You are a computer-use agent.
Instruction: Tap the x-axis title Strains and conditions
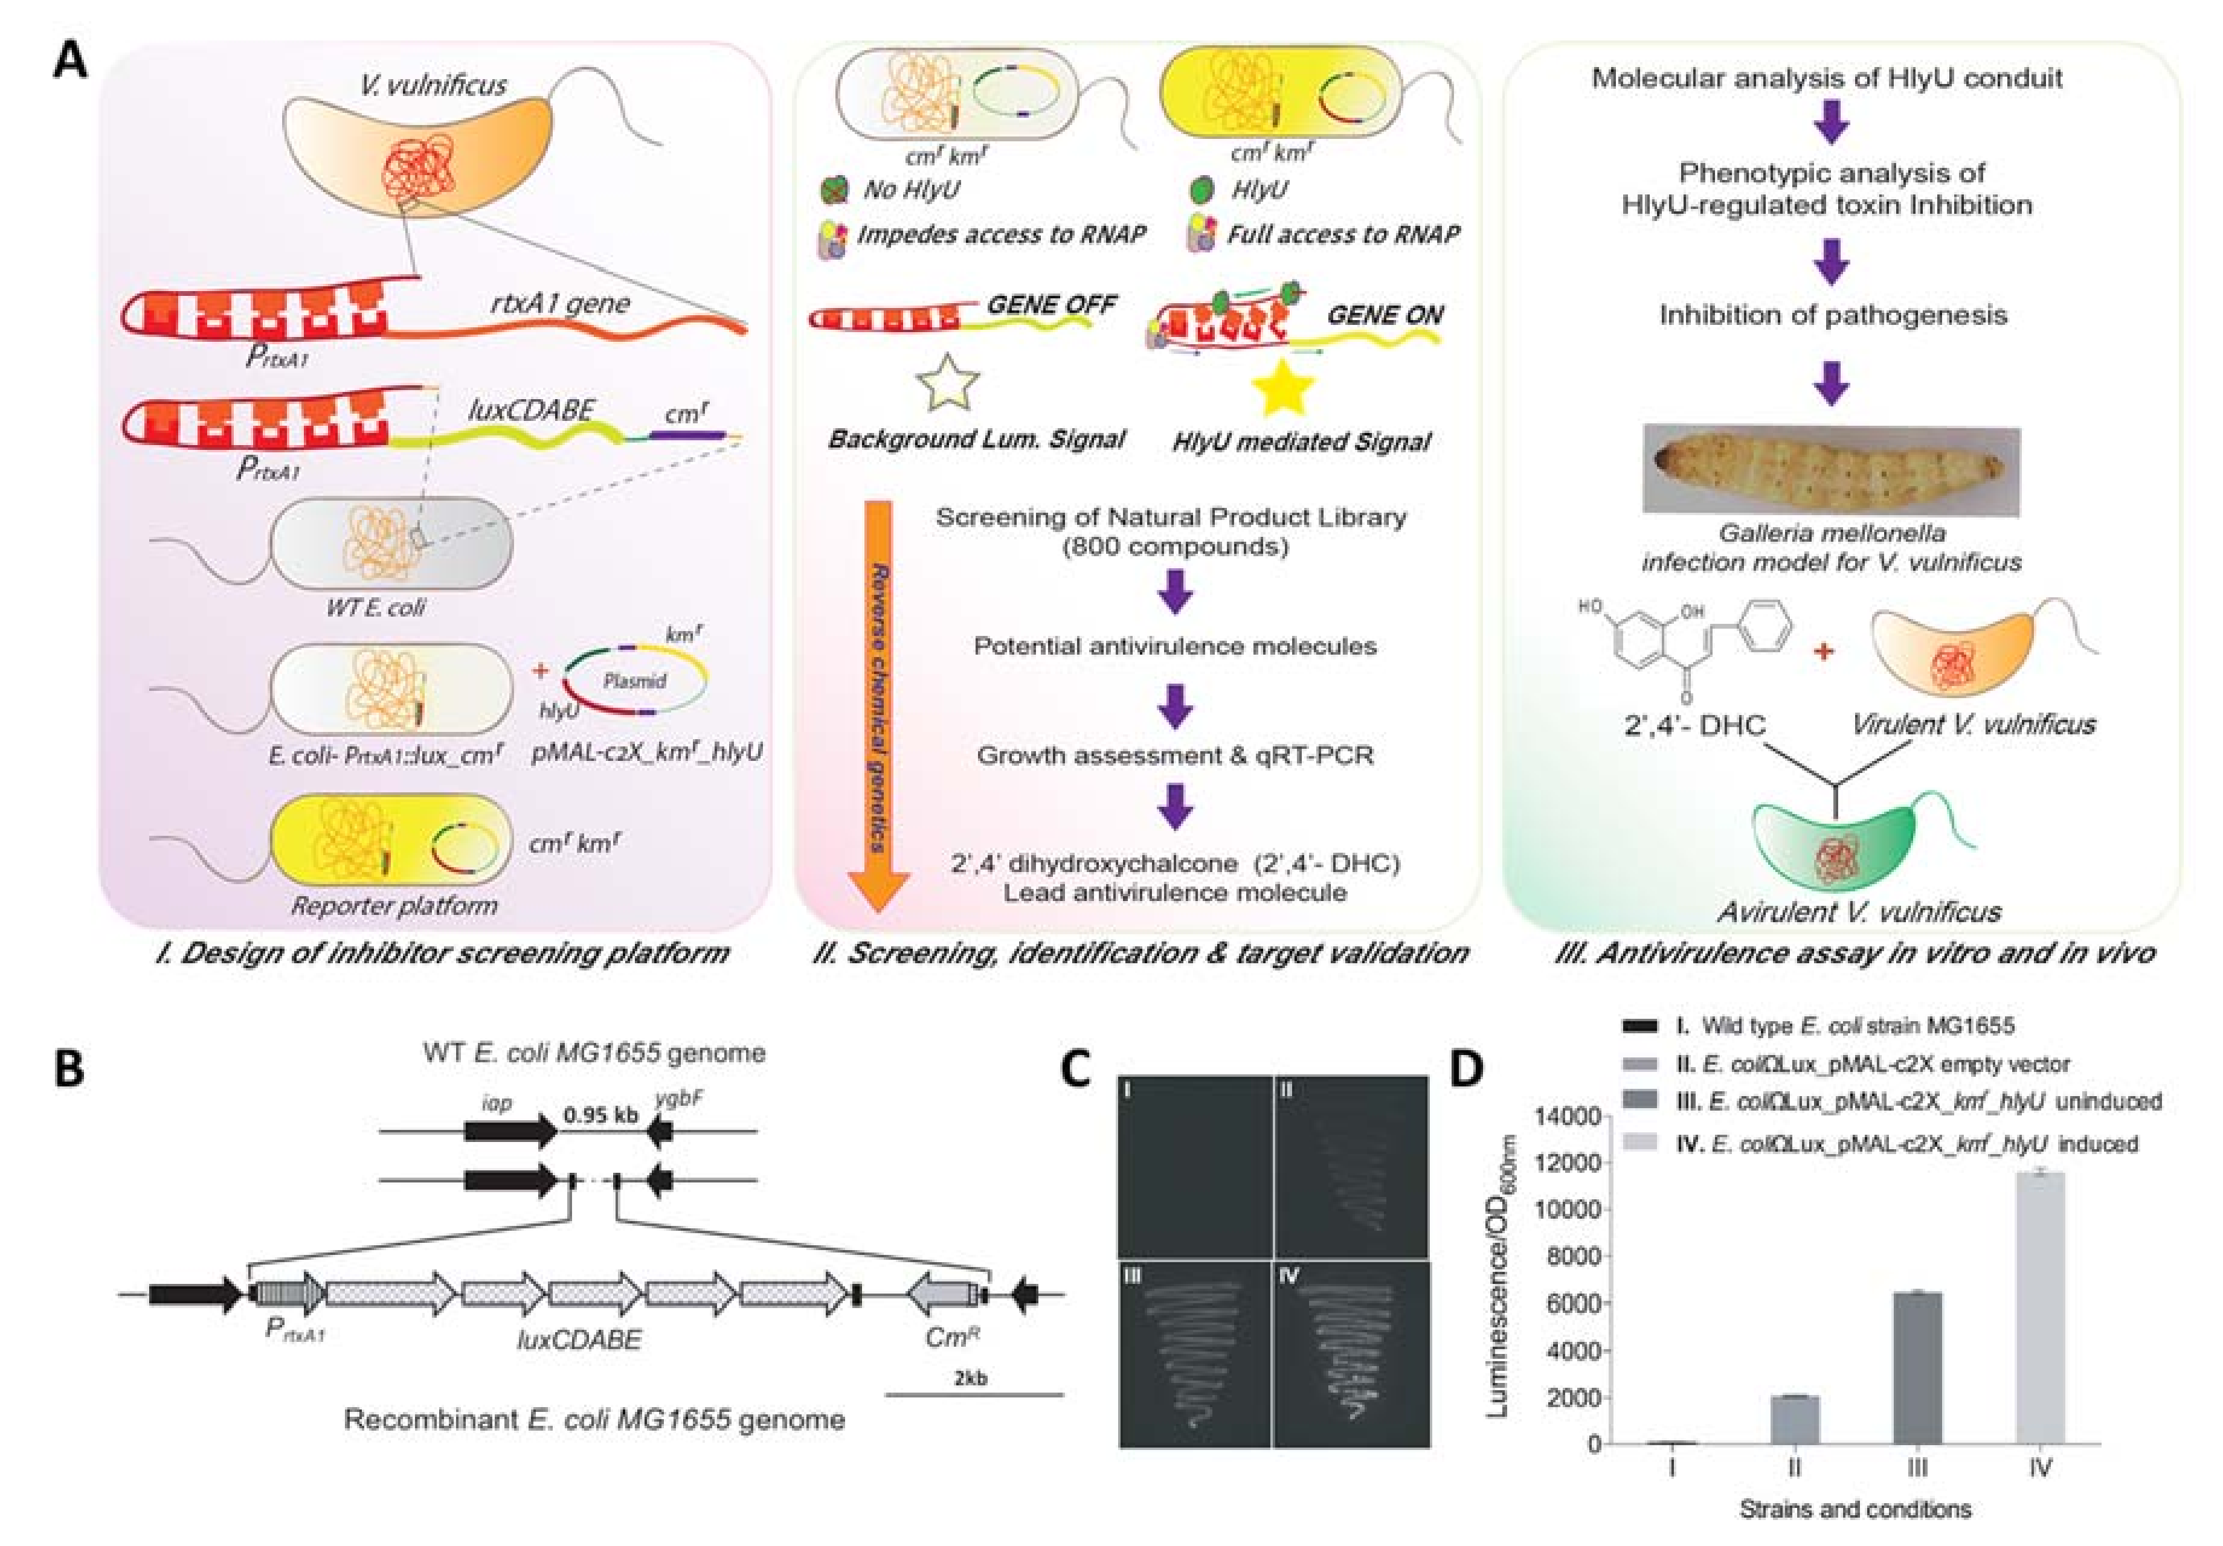pos(1854,1508)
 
